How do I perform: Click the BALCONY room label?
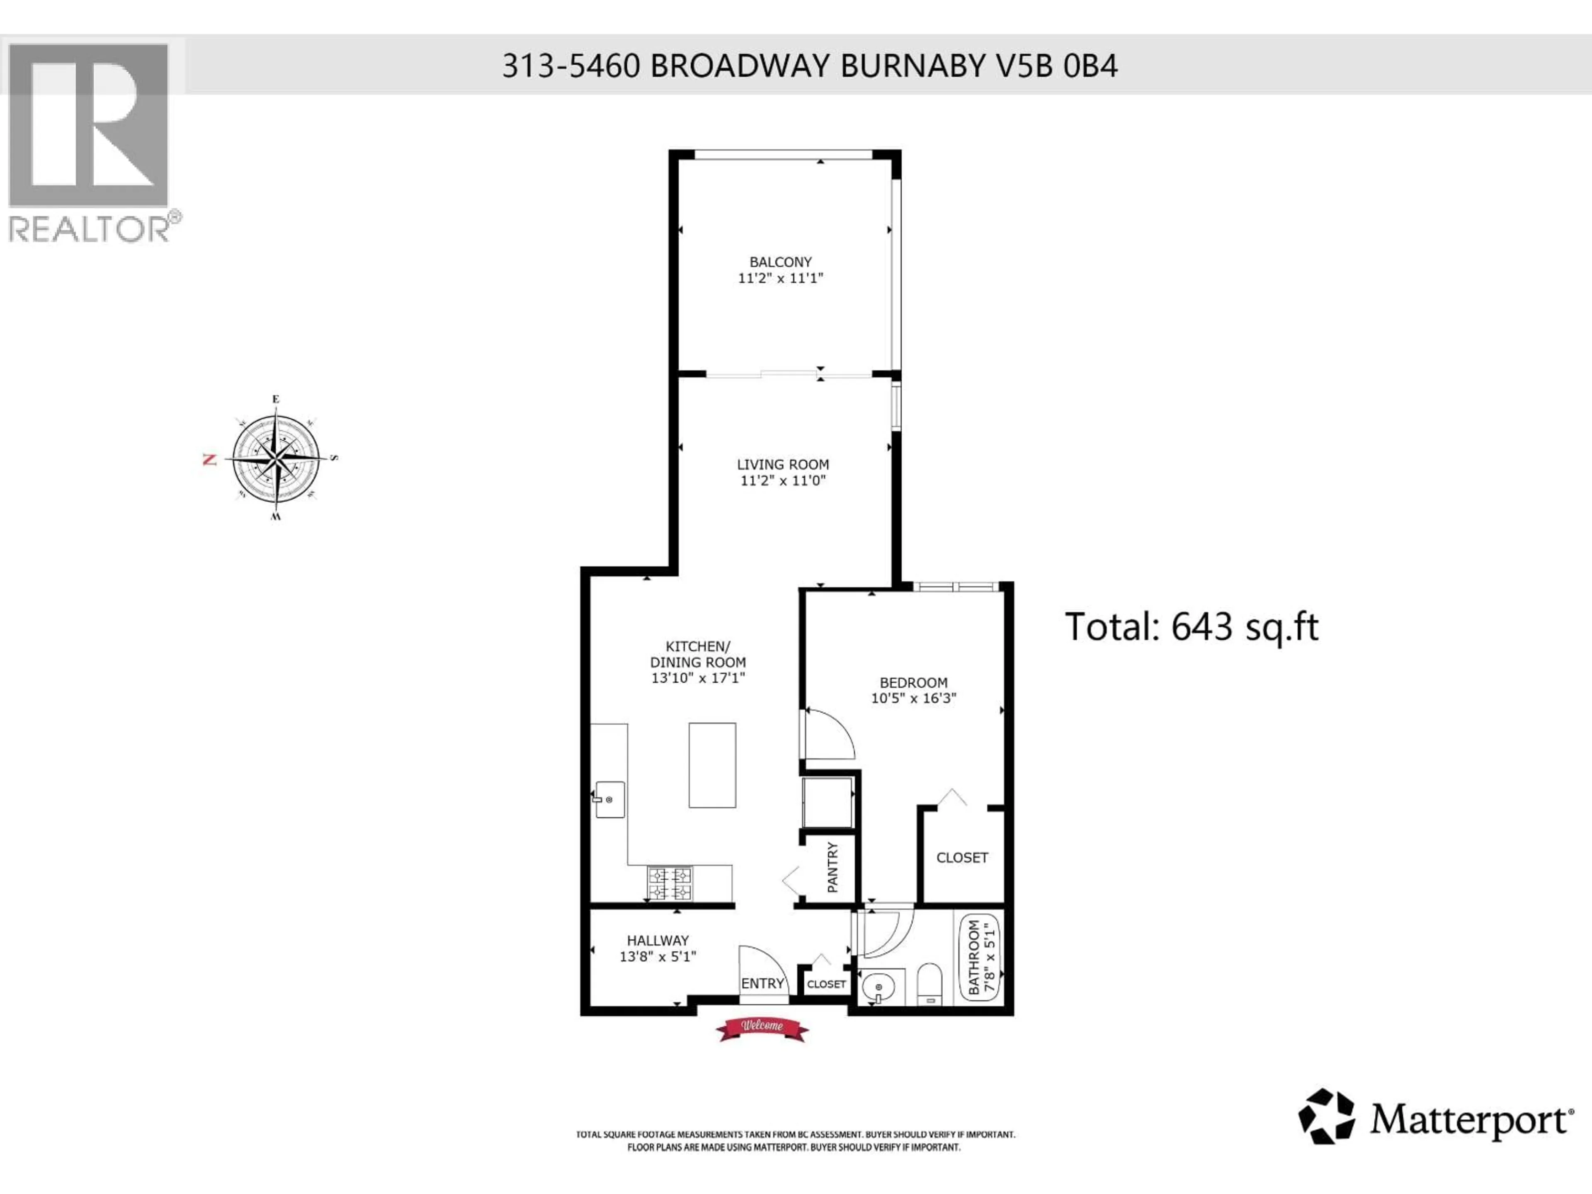[780, 262]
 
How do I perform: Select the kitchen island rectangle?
[712, 765]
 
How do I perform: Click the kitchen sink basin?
[609, 800]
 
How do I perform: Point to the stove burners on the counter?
[670, 884]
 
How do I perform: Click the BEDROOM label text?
[913, 682]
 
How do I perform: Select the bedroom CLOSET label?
[961, 858]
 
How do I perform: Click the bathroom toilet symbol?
[930, 983]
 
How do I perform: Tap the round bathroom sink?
[878, 988]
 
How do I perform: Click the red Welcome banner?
[762, 1027]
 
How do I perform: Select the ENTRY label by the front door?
[762, 983]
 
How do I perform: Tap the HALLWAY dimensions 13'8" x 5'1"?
[658, 956]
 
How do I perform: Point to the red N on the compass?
[210, 459]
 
